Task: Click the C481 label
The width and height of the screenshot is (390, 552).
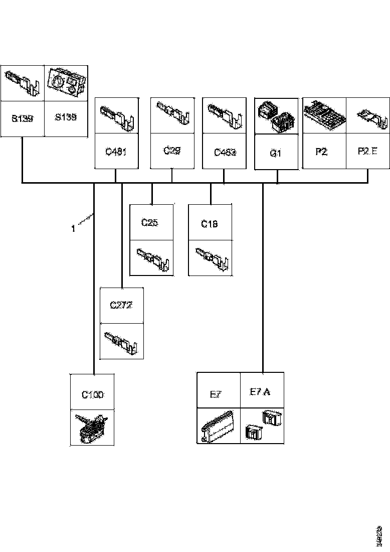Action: (x=116, y=151)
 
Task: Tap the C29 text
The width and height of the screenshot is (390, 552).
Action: (x=172, y=150)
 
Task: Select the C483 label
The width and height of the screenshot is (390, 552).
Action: (x=224, y=152)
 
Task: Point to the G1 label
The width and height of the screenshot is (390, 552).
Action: (x=276, y=153)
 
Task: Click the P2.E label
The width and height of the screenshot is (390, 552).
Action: (x=368, y=151)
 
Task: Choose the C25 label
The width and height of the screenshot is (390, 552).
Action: (x=149, y=223)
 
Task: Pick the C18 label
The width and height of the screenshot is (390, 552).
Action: (x=210, y=224)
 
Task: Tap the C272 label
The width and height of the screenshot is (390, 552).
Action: (x=121, y=305)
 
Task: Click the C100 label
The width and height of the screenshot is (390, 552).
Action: (x=92, y=394)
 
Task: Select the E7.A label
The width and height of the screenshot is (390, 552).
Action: (x=260, y=391)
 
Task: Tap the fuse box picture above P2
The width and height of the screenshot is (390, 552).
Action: (x=324, y=116)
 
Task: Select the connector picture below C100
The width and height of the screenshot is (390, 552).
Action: (x=91, y=427)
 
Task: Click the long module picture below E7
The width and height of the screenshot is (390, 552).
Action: (x=218, y=427)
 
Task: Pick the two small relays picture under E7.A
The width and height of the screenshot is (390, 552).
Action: (x=262, y=426)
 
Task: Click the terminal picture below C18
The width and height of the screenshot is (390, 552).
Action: (x=210, y=257)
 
